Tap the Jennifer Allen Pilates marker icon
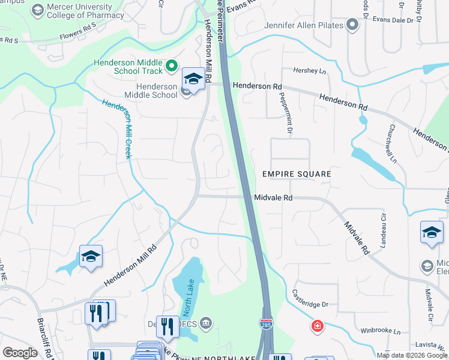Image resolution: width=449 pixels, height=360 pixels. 352,25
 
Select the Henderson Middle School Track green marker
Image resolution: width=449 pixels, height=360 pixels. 171,65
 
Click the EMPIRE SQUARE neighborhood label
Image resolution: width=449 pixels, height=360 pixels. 297,175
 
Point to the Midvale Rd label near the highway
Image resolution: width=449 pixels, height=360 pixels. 273,197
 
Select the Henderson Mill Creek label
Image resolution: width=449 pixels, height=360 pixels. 116,128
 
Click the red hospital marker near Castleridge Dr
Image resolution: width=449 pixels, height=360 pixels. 316,326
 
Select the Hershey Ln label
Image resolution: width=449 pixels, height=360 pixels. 309,71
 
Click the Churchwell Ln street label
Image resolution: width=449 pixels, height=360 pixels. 392,143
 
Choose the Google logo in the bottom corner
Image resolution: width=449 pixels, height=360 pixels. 20,353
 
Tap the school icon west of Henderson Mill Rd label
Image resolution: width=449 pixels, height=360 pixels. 91,256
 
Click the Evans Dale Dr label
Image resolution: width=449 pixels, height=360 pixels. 393,20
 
